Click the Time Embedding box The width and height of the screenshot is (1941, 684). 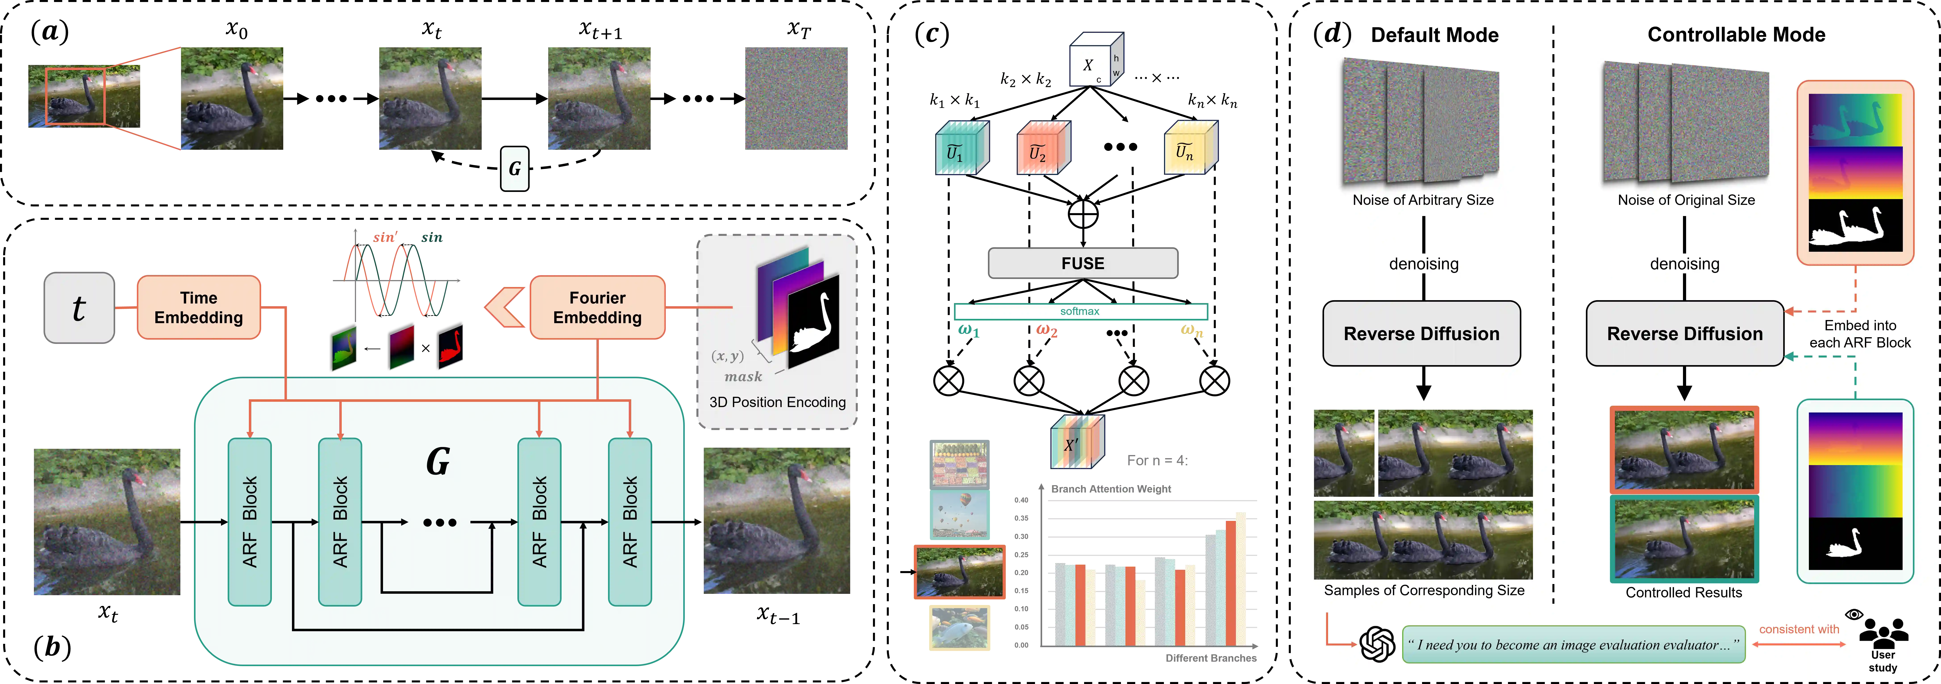coord(199,307)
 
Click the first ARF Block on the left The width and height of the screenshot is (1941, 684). coord(249,521)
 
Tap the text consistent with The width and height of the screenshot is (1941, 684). coord(1799,629)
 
